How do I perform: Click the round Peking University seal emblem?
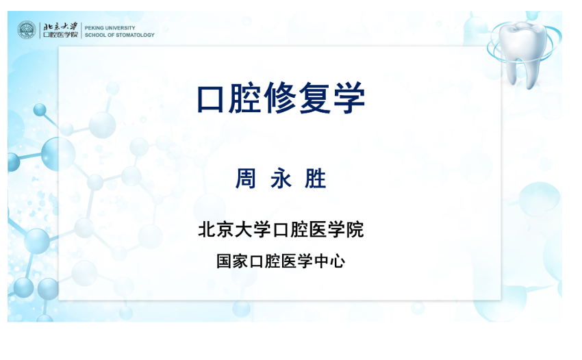pos(27,29)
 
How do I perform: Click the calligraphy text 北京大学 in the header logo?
pos(60,26)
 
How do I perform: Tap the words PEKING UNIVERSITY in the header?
pos(110,28)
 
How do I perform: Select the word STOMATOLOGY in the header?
pos(135,35)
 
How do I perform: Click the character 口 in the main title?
pos(210,99)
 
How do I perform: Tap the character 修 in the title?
pos(280,99)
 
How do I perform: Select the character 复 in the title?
pos(315,99)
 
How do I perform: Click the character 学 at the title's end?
pos(349,99)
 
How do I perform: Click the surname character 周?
pos(246,179)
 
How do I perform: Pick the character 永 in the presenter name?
pos(281,179)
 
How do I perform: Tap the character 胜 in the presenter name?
pos(316,179)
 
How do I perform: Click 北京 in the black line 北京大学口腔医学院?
pos(216,229)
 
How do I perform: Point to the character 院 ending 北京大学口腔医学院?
pos(355,229)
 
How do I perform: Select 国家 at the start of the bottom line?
pos(232,261)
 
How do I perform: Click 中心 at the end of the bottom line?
pos(329,261)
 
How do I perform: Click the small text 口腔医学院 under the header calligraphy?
pos(60,34)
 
